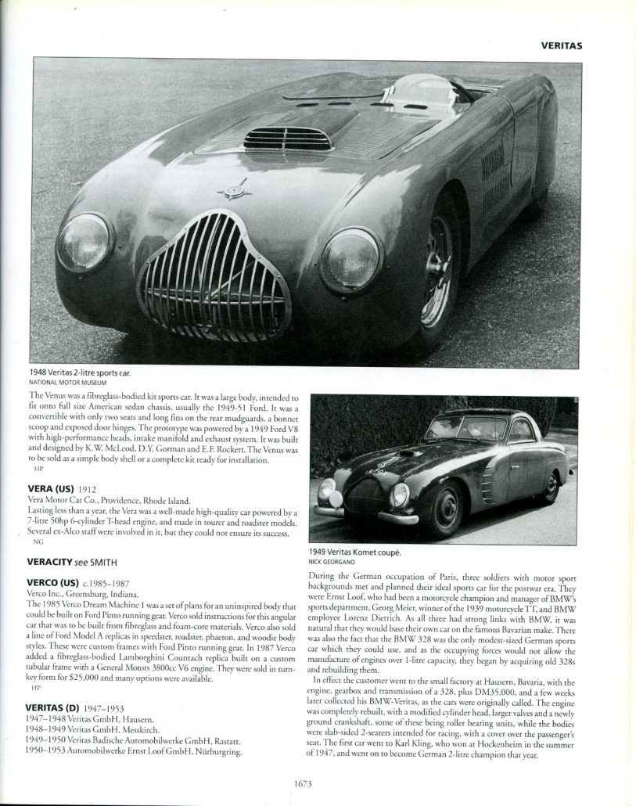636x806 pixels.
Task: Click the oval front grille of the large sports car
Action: (x=214, y=276)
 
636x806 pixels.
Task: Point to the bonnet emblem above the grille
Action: (x=235, y=191)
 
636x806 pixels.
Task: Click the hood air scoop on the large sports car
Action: (x=287, y=139)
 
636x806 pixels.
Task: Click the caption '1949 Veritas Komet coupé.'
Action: (x=355, y=552)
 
